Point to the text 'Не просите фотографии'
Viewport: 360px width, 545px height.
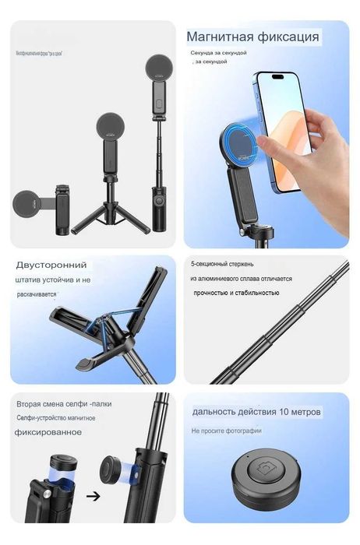point(227,431)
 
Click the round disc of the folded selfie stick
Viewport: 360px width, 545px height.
point(30,205)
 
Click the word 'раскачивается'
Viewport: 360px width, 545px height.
point(37,295)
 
